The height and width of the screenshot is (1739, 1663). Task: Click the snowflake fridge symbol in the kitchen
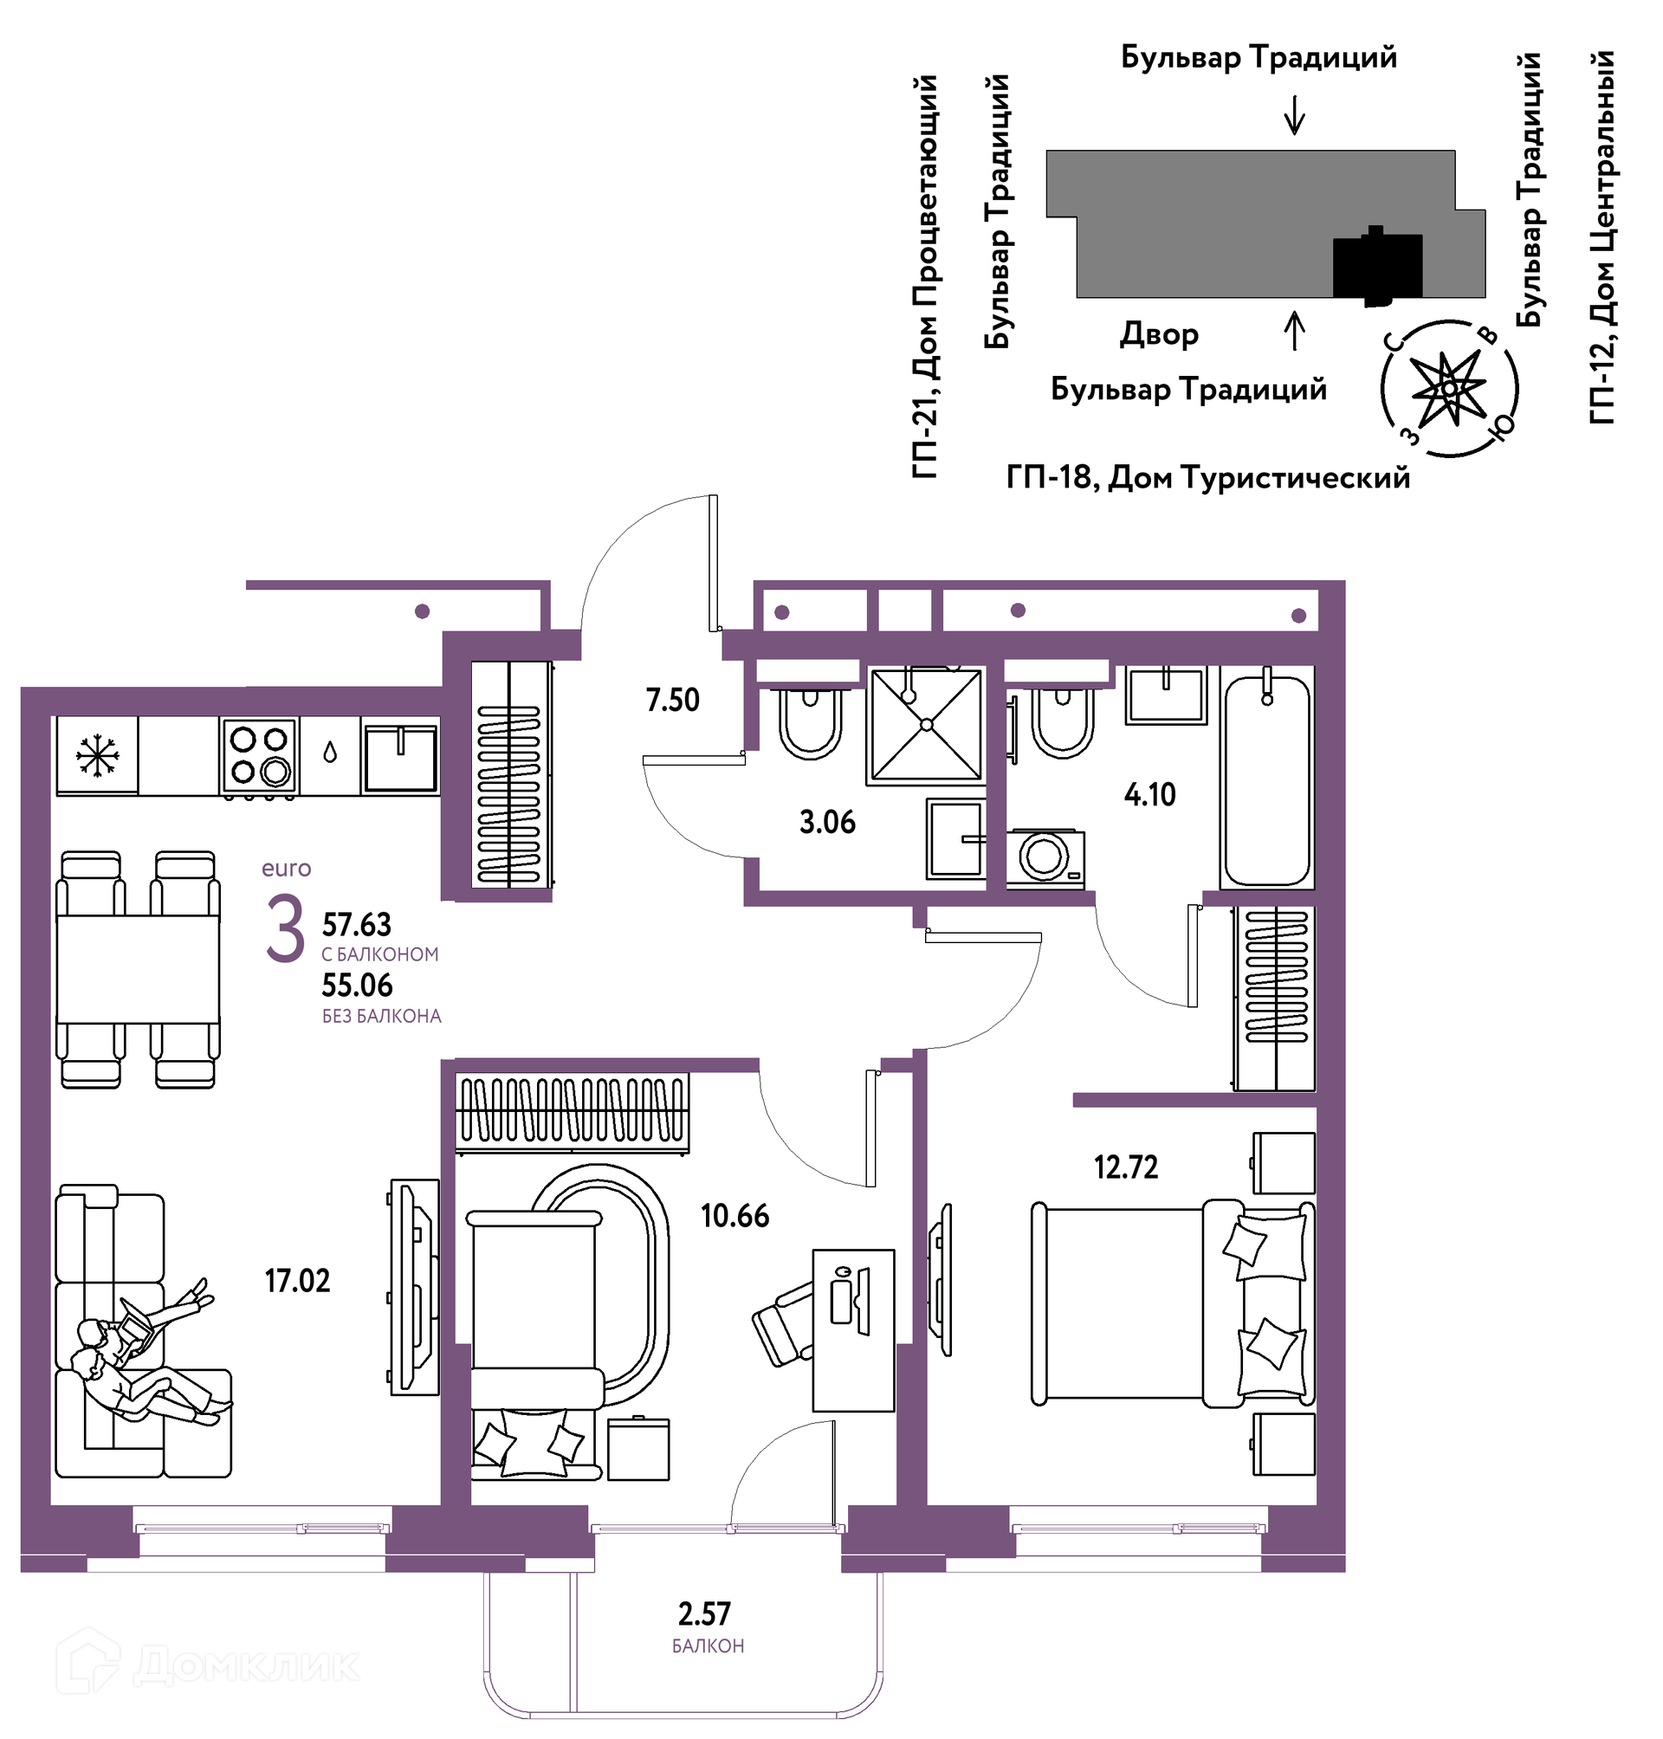(98, 755)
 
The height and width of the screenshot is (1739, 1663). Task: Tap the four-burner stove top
(259, 754)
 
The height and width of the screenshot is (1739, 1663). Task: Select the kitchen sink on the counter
(400, 758)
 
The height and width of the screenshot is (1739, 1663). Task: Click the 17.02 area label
(297, 1281)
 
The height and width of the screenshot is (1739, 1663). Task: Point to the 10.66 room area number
(734, 1215)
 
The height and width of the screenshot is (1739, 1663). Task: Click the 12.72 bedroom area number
(1126, 1167)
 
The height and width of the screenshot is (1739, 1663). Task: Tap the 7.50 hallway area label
(673, 701)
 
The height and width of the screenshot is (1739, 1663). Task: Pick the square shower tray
(927, 725)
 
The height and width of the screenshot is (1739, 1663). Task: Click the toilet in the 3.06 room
(810, 721)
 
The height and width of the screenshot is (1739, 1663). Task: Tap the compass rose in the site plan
(1449, 389)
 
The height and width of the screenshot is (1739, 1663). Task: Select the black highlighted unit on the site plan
(1378, 266)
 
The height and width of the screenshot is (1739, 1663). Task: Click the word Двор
(1160, 335)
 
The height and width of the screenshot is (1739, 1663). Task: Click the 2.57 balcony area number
(705, 1614)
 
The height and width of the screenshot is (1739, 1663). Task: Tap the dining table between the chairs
(138, 970)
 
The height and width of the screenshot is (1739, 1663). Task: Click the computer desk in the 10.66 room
(854, 1329)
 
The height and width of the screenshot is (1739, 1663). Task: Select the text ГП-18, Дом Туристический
(1207, 478)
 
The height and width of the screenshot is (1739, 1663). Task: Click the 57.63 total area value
(356, 924)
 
